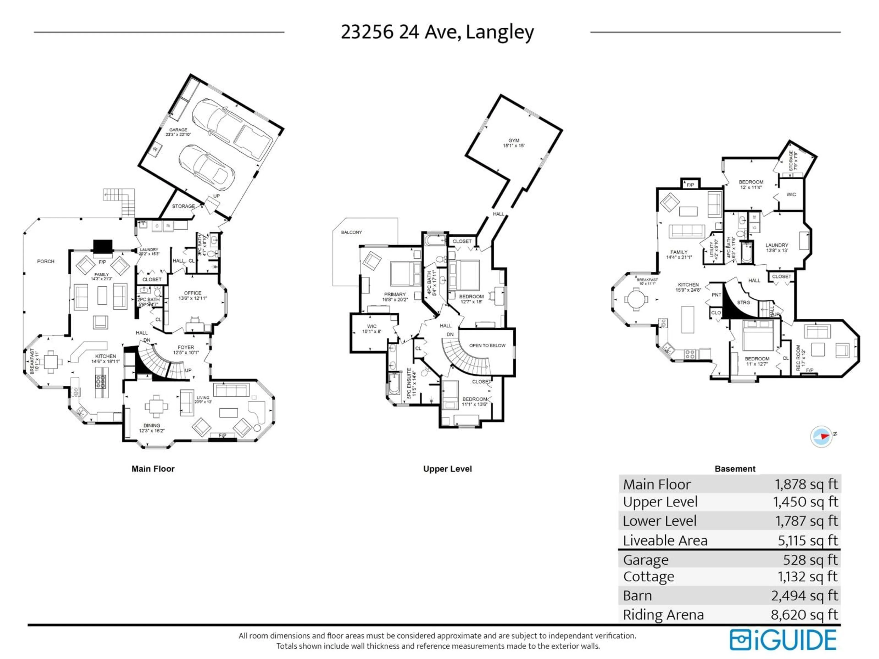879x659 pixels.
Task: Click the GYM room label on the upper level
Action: [x=514, y=143]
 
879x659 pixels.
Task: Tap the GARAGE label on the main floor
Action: [x=178, y=132]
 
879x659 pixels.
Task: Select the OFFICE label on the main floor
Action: [x=193, y=295]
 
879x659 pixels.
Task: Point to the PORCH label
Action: [x=46, y=261]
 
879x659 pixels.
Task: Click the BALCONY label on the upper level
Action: [x=351, y=232]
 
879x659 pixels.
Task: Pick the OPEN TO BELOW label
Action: [x=487, y=346]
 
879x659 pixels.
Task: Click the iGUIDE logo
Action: [x=783, y=640]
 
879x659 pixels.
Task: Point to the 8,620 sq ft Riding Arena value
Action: [x=804, y=615]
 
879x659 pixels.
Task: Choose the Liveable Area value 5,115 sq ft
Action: [x=808, y=541]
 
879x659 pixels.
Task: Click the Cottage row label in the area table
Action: [x=648, y=577]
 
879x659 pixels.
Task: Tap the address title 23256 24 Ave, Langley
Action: [x=437, y=32]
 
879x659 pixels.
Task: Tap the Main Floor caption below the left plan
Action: [x=153, y=469]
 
